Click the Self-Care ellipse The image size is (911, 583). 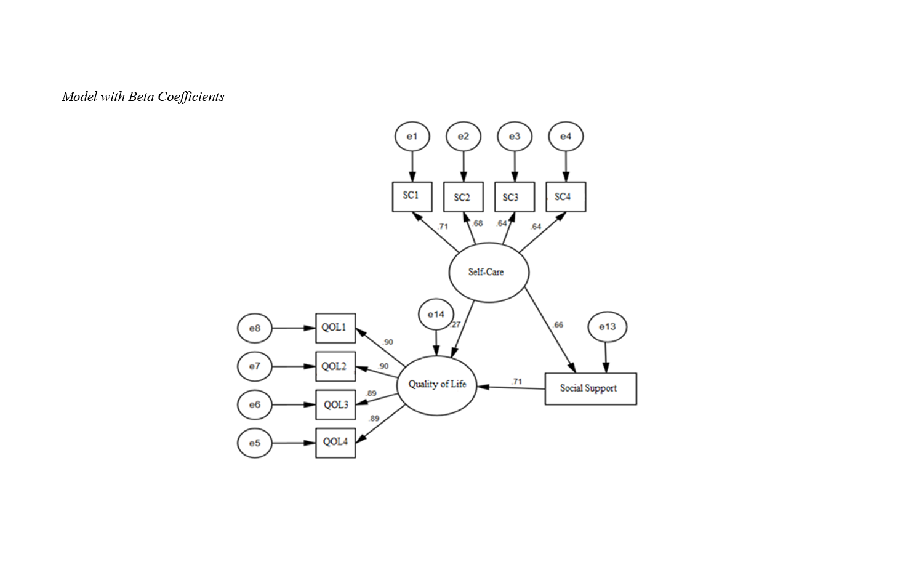click(x=489, y=272)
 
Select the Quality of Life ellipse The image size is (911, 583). click(x=437, y=385)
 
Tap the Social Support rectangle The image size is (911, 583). click(x=590, y=388)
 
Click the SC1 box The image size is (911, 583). click(x=412, y=196)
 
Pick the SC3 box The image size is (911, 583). click(x=514, y=197)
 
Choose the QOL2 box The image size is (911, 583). click(x=335, y=367)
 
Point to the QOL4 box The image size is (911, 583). click(x=335, y=443)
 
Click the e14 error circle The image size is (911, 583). click(x=436, y=315)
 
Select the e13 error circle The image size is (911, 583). click(x=607, y=327)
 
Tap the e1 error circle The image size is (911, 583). click(x=412, y=136)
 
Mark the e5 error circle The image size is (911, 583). click(x=254, y=443)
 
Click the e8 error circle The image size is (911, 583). click(x=254, y=328)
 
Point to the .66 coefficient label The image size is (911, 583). click(x=558, y=325)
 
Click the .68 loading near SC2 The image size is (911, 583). click(x=478, y=223)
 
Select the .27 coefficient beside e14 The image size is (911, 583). click(x=456, y=324)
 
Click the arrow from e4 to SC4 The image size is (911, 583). click(x=566, y=166)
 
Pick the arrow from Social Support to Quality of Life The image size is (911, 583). click(x=511, y=388)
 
